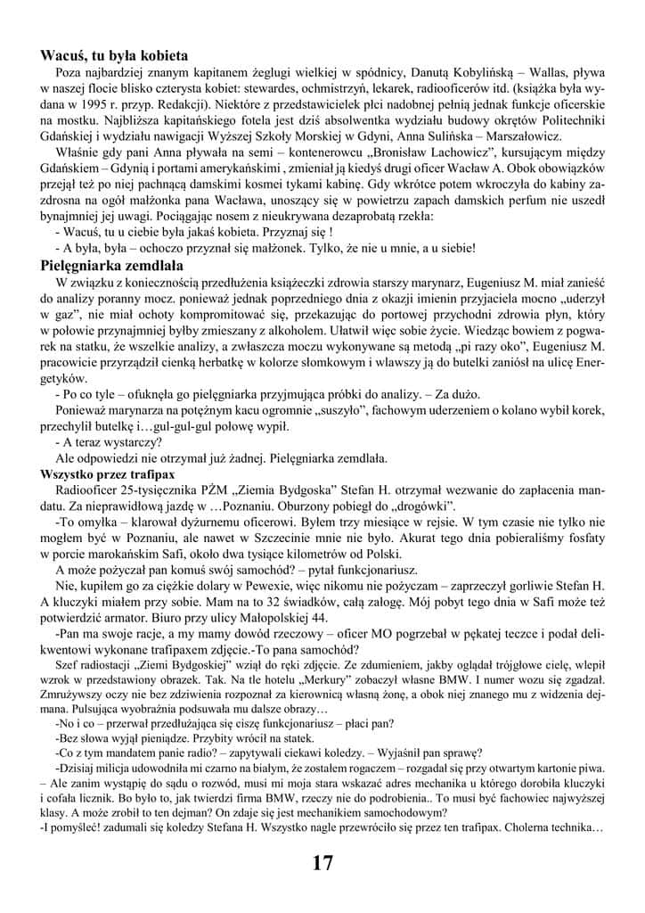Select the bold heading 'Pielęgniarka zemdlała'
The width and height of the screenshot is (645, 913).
(112, 265)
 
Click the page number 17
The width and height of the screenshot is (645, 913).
(322, 862)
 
